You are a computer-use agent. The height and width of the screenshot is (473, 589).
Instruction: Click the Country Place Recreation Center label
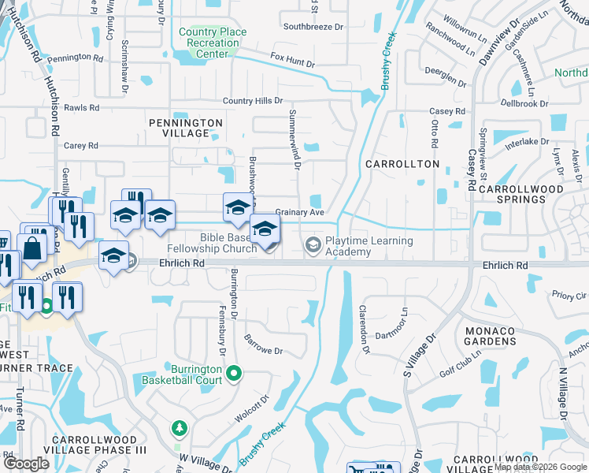click(213, 43)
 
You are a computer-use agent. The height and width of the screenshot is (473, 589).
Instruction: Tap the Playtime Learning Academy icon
click(313, 245)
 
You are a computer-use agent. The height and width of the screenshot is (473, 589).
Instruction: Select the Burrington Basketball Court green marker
click(233, 372)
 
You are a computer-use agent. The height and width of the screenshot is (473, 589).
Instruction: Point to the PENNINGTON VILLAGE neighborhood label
click(186, 128)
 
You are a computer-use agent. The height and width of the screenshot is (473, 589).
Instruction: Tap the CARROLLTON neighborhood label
click(402, 163)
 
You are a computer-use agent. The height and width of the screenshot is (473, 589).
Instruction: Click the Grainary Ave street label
click(300, 213)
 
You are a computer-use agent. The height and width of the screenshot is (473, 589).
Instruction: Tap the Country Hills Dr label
click(252, 101)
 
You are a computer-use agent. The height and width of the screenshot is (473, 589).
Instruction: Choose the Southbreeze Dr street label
click(313, 26)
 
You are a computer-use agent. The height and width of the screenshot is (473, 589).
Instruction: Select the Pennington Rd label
click(75, 58)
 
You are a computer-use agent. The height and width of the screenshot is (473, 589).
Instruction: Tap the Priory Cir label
click(569, 294)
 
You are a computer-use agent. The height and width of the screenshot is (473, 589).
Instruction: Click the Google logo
click(25, 463)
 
